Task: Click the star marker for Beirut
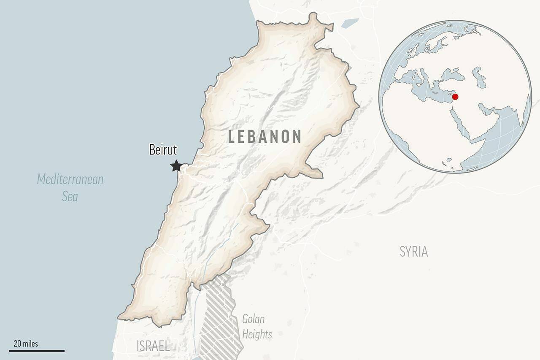coord(176,166)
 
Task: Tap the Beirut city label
coord(163,150)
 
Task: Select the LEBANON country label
coord(265,137)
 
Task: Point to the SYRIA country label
coord(413,252)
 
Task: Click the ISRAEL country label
coord(153,346)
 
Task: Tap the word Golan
coord(253,319)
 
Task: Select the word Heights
coord(257,334)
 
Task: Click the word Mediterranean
coord(70,179)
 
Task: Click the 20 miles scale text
coord(26,344)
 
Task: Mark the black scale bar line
coord(37,350)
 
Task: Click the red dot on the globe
coord(455,97)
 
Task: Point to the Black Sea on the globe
coord(454,76)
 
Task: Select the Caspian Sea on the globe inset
coord(478,77)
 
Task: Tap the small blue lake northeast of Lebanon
coord(350,23)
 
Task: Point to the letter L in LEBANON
coord(232,137)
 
